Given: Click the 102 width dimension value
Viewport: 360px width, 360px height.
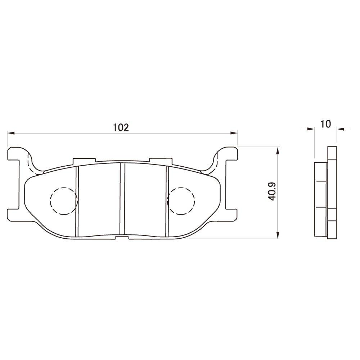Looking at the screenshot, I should pos(121,127).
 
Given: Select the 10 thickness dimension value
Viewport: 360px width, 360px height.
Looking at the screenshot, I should pos(325,124).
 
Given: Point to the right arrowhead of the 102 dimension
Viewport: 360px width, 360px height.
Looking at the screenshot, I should pos(234,133).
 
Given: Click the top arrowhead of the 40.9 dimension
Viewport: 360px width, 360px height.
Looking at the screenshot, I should pos(277,150).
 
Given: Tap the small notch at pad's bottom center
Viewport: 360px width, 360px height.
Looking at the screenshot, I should pos(122,237).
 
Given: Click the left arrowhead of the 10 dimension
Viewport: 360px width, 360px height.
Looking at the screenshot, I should pos(310,129).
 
